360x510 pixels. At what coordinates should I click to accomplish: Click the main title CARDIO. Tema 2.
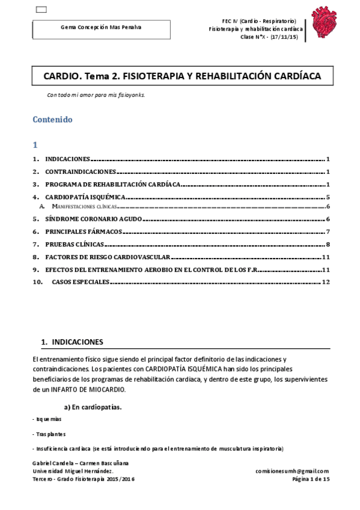tap(182, 76)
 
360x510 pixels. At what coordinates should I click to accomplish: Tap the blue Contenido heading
tap(52, 119)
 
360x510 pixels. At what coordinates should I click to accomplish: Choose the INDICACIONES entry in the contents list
tap(67, 159)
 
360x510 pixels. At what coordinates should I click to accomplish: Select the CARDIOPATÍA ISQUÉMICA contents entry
tap(85, 197)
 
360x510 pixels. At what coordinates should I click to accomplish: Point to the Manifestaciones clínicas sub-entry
tap(84, 206)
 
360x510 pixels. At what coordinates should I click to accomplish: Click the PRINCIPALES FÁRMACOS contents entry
tap(84, 232)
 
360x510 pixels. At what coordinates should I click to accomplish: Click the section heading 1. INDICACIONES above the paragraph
tap(72, 342)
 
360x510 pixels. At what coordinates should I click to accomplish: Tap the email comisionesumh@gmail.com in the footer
tap(292, 471)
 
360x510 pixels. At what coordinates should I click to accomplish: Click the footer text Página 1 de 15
tap(310, 479)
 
